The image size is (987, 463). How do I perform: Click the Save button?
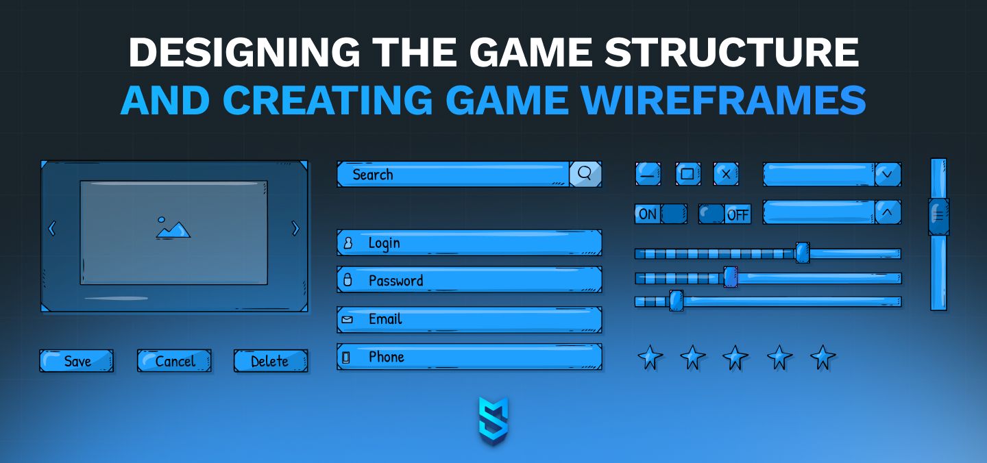point(77,361)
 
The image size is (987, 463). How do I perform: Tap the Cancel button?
point(174,361)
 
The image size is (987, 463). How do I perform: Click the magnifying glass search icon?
point(585,173)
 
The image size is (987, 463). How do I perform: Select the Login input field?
point(470,242)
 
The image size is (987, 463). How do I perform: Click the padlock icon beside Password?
point(348,280)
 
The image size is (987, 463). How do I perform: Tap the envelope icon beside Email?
point(348,320)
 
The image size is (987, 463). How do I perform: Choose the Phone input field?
point(470,357)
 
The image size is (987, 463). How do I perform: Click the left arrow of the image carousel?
point(51,229)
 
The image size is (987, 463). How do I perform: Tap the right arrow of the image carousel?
point(295,229)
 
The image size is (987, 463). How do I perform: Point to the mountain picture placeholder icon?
point(173,227)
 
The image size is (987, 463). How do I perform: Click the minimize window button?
point(648,174)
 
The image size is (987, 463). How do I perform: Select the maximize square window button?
point(688,174)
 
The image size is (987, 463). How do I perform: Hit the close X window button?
point(726,174)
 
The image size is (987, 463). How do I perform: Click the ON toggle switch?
point(661,214)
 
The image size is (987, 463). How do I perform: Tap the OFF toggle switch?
point(725,214)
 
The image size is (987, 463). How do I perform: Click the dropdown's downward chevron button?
point(888,174)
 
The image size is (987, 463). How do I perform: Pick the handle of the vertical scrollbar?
point(938,216)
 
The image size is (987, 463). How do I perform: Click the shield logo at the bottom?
point(493,421)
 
